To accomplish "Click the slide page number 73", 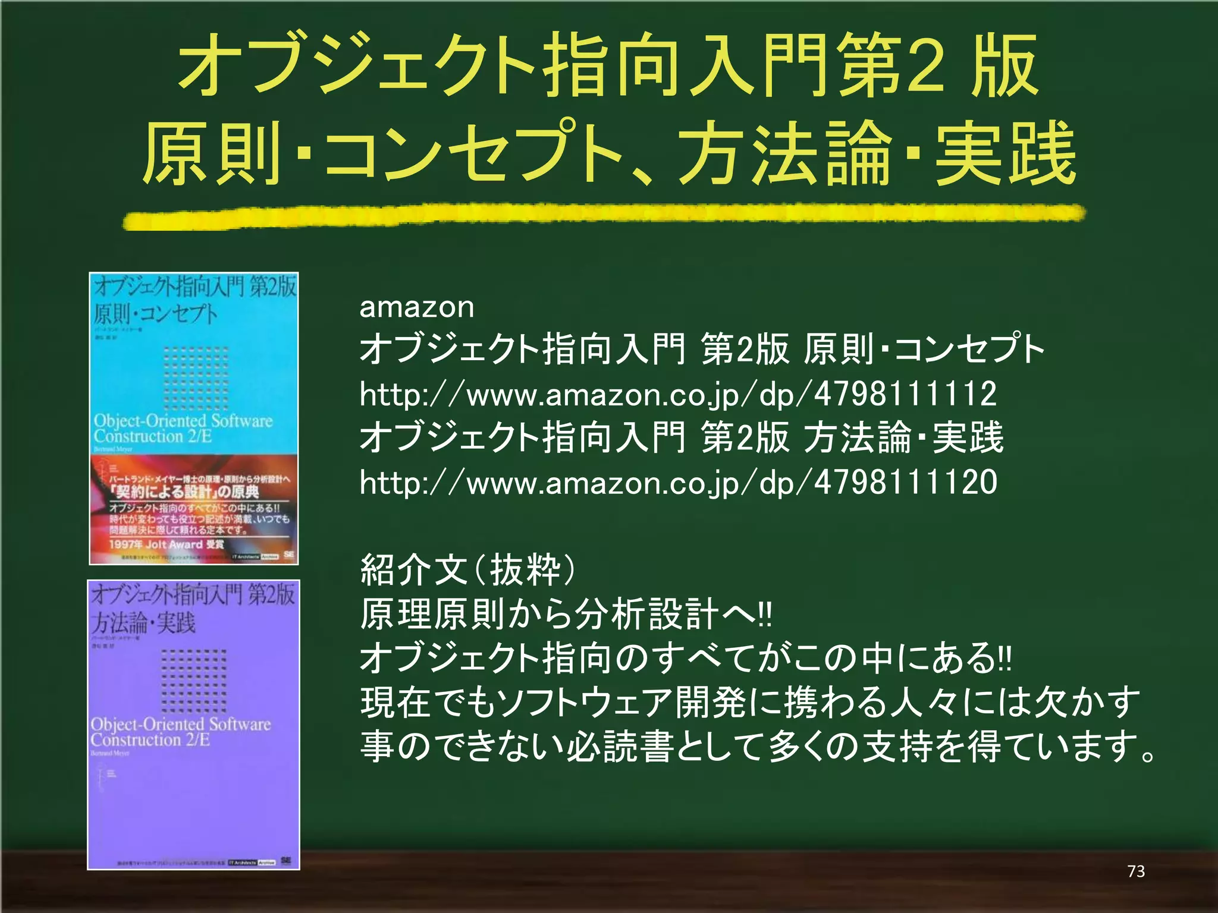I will (1136, 871).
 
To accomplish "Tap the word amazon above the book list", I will (416, 307).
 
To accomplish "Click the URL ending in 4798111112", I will (678, 394).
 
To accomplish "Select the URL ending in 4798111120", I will (678, 482).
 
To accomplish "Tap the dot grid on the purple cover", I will (194, 681).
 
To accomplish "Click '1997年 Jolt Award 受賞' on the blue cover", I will (167, 544).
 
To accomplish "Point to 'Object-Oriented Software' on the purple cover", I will (180, 724).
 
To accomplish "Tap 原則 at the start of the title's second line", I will (212, 153).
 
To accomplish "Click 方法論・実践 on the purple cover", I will (143, 623).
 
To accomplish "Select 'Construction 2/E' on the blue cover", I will (153, 436).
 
